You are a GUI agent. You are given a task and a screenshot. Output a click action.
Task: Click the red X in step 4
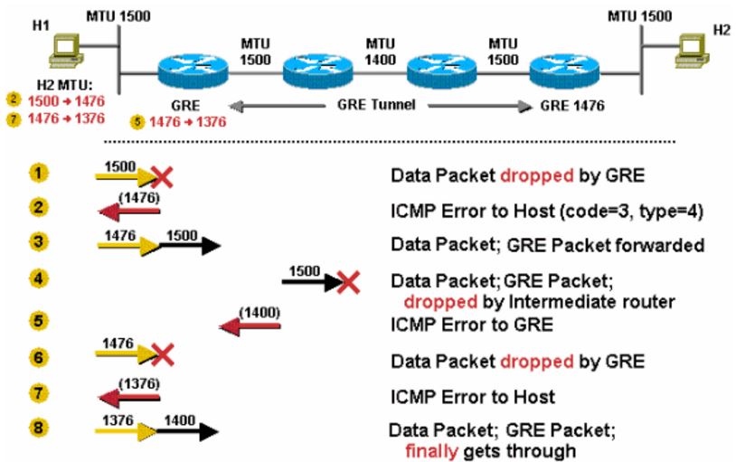coord(347,282)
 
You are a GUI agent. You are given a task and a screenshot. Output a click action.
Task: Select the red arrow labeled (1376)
coord(127,396)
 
